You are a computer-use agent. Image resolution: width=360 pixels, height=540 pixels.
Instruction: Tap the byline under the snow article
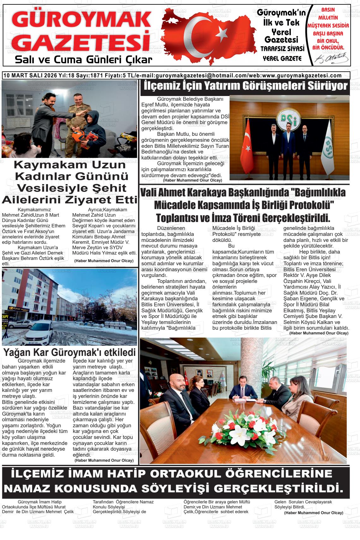tap(104, 460)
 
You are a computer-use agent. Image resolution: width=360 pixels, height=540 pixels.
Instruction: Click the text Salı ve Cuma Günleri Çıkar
tap(84, 60)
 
